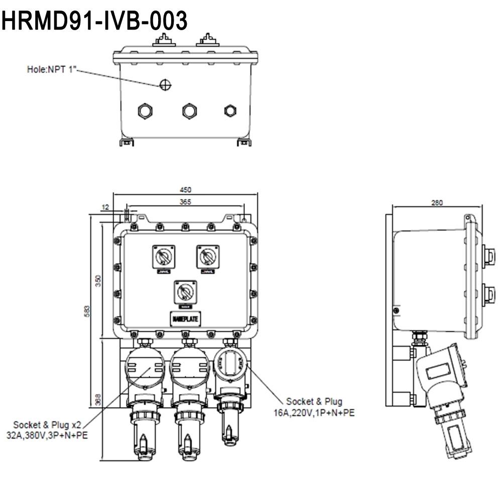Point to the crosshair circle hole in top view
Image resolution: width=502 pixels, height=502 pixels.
coord(165,85)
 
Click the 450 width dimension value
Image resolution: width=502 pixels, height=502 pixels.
coord(186,190)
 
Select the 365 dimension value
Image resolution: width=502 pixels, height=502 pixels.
coord(186,201)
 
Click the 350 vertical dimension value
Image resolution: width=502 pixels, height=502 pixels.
coord(99,281)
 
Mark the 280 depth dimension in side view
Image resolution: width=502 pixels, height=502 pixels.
coord(437,203)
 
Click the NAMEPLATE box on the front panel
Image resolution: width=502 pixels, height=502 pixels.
coord(185,319)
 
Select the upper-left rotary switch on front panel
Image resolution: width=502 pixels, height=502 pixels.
coord(164,257)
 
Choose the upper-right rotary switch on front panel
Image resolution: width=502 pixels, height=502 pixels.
coord(207,257)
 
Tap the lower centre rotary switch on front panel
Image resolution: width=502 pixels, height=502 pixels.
coord(185,292)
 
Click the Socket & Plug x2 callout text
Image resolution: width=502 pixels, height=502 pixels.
coord(47,424)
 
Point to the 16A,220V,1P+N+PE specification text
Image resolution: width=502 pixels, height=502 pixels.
coord(314,412)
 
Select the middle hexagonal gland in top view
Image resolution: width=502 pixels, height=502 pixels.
coord(189,110)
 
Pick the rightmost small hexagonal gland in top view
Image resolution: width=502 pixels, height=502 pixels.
coord(230,110)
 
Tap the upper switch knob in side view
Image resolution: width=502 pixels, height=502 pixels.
coord(487,255)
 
